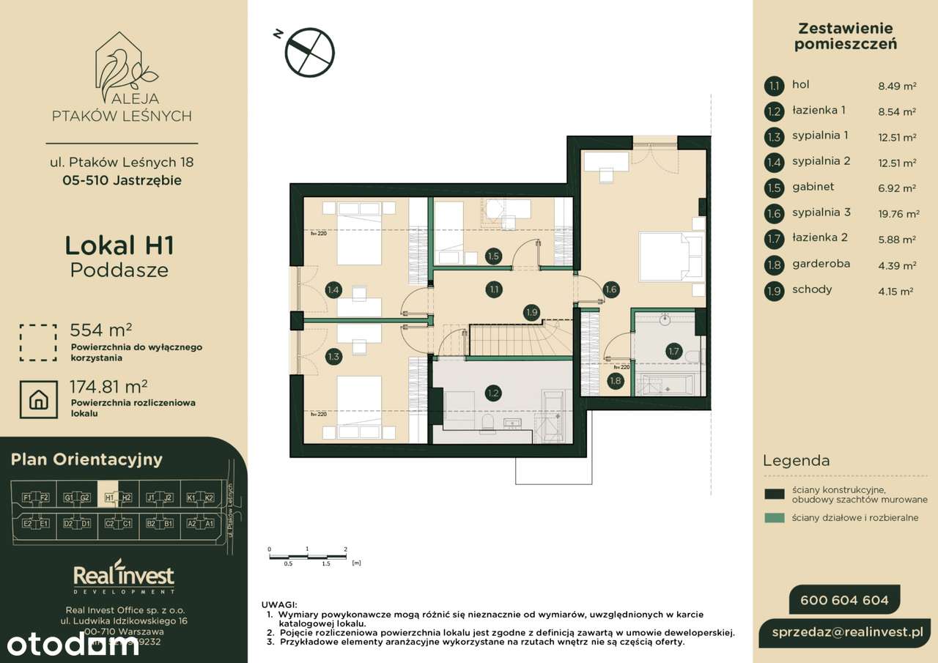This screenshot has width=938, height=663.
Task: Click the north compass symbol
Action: [x=310, y=51]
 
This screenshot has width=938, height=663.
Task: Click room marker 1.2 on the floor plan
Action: [x=493, y=393]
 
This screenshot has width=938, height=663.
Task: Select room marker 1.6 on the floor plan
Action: [x=610, y=289]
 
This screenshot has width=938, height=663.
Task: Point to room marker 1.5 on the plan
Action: [x=493, y=256]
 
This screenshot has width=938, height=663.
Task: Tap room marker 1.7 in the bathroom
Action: [x=673, y=351]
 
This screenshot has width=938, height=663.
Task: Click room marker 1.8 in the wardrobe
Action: [x=615, y=379]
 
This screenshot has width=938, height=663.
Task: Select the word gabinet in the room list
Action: [x=813, y=187]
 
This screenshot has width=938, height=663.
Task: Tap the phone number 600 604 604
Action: [x=844, y=600]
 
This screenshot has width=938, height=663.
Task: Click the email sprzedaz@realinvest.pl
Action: [x=850, y=631]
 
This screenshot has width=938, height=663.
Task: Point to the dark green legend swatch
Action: [x=774, y=494]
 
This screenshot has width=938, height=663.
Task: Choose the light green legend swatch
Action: [x=774, y=518]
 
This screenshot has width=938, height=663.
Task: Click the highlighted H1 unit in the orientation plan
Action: [x=108, y=497]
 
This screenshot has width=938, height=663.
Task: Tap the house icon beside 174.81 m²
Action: [x=38, y=399]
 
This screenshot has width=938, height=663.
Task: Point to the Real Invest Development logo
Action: [x=124, y=577]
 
